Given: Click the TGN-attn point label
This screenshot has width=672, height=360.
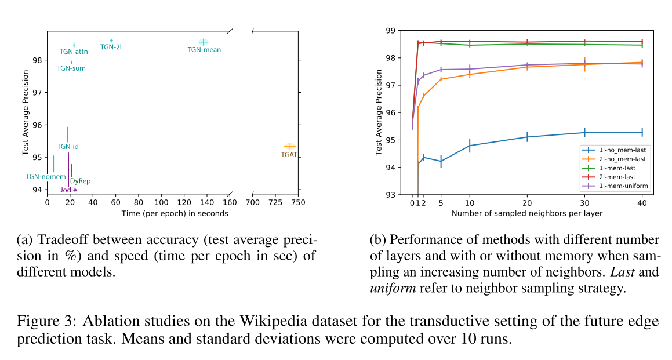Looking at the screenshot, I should point(74,52).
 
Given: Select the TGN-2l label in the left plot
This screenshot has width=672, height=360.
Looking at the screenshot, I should point(111,47).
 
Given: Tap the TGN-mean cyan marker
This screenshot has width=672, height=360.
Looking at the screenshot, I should point(203,42).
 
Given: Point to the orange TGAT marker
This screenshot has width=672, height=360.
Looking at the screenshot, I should point(289,146).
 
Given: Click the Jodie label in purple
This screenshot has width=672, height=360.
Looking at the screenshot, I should point(68,190).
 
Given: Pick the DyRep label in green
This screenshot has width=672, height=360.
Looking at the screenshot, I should point(80,181).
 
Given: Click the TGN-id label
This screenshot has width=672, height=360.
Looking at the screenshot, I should point(68,147).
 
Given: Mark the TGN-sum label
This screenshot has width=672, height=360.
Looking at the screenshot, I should point(71,68).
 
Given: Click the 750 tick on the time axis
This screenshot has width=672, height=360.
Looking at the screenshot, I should point(299,203).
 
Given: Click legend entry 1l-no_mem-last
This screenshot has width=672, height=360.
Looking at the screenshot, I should point(615,150).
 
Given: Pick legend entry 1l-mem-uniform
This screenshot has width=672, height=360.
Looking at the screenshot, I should point(617,186).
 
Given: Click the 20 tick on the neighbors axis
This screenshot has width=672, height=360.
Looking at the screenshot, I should point(526,203).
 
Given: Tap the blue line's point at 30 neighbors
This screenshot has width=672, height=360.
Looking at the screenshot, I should point(584,133).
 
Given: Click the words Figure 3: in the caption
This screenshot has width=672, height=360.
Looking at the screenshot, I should point(46,321).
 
